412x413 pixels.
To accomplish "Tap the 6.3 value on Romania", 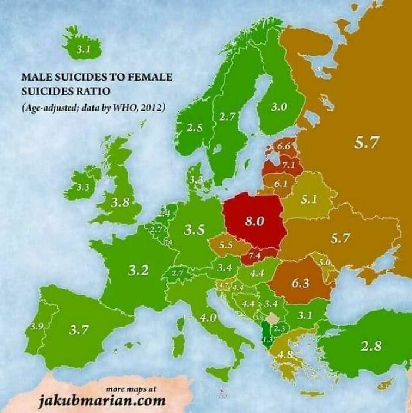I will [300, 282].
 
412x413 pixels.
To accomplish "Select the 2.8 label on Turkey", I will [371, 345].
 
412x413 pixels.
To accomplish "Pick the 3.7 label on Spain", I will [79, 329].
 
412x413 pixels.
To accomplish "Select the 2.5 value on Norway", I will [195, 127].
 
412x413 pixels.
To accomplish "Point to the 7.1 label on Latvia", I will [288, 165].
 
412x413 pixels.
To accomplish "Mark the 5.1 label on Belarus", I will [309, 199].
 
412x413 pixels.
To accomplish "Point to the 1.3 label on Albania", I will [267, 339].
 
